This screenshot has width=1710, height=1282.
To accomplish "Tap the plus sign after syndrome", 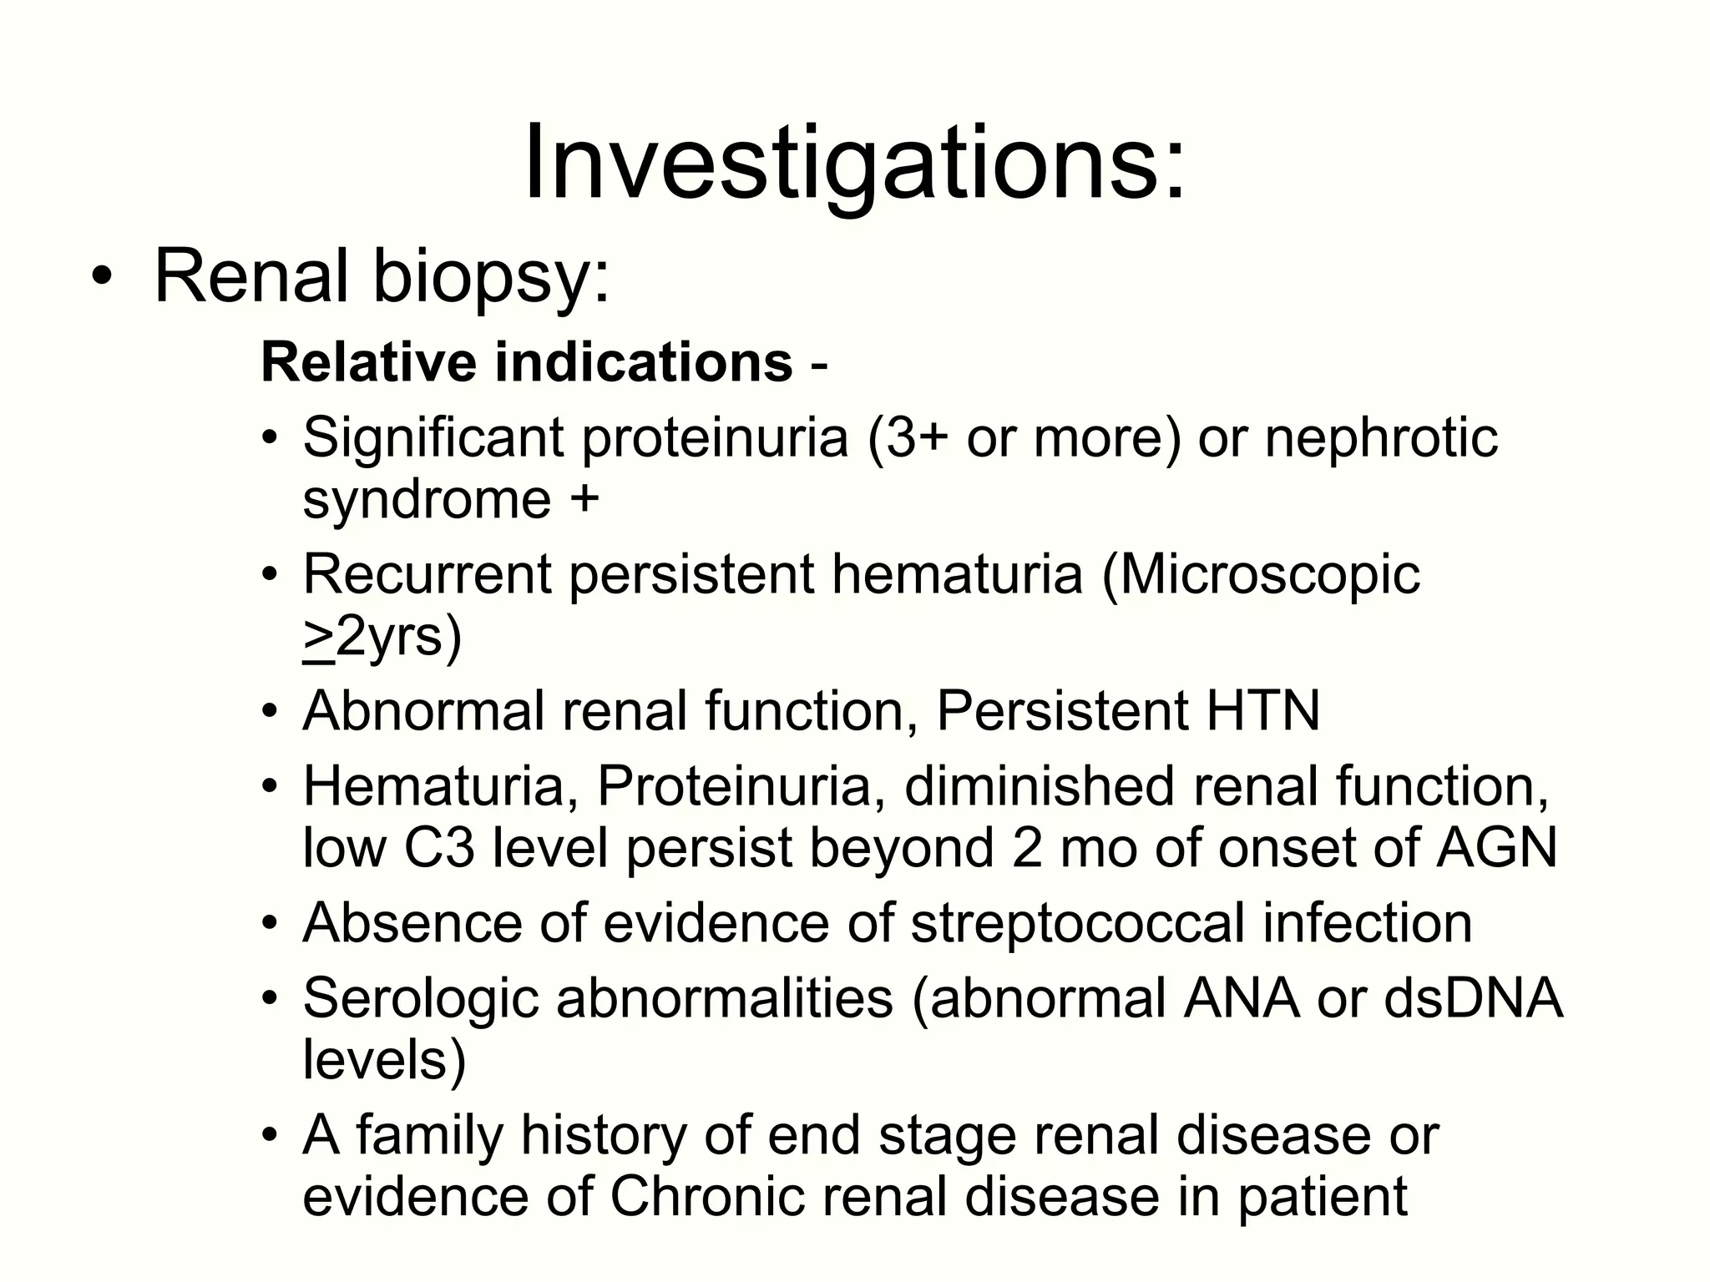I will pos(585,499).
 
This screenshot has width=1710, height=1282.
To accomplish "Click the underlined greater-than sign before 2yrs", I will pos(317,638).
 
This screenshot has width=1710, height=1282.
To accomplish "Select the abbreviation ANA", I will pos(1241,998).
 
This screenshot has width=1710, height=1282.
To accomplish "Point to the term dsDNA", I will pos(1472,998).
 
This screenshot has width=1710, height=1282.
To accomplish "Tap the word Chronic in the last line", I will pos(706,1197).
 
